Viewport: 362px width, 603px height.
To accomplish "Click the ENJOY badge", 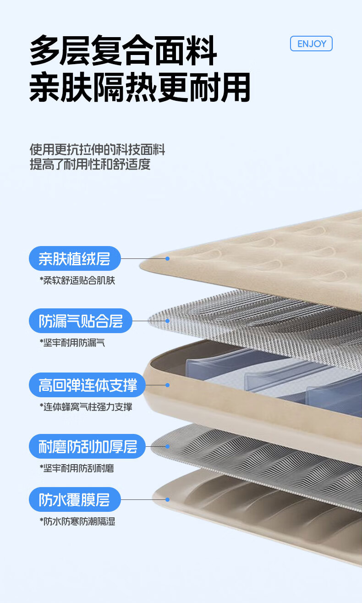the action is pos(311,44).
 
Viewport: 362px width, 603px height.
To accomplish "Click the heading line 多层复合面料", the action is pos(123,50).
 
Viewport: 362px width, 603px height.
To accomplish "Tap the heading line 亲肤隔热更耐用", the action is pos(140,87).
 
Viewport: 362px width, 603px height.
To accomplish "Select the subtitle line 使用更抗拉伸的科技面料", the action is pos(97,149).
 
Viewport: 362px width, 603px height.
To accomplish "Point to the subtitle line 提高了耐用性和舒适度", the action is pos(90,164).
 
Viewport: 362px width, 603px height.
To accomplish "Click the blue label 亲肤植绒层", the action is pos(75,258).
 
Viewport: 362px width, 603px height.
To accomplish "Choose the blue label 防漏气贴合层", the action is pos(80,321).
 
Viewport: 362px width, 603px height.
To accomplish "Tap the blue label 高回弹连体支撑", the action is pos(87,385).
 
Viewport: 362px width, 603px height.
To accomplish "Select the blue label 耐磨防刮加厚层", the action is pos(87,446).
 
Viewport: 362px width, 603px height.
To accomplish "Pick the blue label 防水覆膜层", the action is pos(75,499).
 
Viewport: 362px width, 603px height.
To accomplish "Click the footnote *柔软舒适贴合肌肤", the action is pos(77,280).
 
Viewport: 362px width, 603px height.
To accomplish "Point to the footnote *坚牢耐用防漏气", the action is pos(72,342).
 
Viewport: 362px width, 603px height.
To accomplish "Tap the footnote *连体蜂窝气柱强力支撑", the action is pos(86,406).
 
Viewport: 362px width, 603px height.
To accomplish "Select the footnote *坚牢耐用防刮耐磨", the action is pos(77,468).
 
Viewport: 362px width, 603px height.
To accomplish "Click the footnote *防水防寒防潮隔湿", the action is pos(77,521).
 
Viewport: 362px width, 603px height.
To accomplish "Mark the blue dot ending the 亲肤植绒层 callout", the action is pos(168,258).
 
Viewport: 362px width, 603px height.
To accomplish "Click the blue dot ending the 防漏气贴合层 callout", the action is pos(168,321).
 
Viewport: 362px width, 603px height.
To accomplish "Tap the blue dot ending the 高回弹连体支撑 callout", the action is pos(168,385).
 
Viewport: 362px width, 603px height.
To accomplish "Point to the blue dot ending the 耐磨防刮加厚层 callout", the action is pos(168,446).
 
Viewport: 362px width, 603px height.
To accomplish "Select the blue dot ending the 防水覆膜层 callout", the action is pos(168,499).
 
